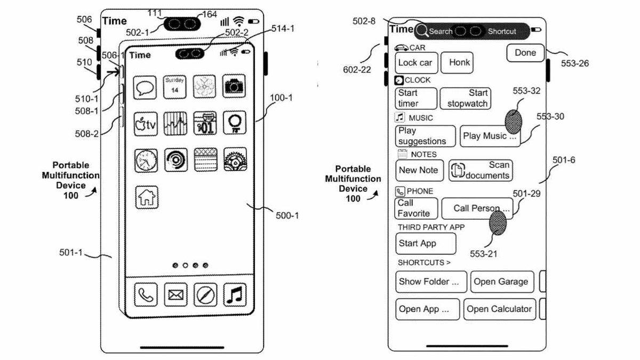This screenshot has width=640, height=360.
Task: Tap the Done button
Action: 525,53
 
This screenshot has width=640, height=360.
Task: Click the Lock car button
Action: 415,63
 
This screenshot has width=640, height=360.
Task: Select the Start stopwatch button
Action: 466,99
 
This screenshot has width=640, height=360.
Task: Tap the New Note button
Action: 419,170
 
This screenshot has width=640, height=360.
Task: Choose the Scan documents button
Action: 481,170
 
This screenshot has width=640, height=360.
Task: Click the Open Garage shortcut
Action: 501,282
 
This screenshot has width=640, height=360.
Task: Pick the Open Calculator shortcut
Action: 499,309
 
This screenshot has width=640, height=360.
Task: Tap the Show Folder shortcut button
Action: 431,282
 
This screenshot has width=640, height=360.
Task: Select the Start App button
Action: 425,244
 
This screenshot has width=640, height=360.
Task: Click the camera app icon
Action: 235,86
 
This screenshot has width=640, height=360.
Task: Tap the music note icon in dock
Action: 235,294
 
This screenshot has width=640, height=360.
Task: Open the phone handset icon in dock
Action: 146,294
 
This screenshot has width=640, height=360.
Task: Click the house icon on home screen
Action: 146,197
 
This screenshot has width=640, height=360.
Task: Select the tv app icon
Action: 146,124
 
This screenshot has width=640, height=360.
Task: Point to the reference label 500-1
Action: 287,215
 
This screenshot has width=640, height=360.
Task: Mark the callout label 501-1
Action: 71,252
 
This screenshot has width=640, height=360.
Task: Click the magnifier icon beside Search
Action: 422,31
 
